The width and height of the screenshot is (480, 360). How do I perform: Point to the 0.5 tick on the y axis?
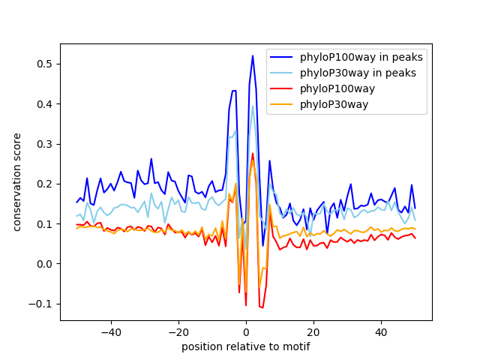point(46,64)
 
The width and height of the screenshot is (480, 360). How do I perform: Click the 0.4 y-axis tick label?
point(46,104)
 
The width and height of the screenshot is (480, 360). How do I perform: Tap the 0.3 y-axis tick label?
point(46,144)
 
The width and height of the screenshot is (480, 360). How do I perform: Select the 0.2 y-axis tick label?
point(46,184)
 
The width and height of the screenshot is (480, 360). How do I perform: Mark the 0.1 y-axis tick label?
point(46,224)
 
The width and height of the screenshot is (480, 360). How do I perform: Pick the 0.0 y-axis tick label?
point(46,264)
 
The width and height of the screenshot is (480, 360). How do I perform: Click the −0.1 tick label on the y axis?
point(43,304)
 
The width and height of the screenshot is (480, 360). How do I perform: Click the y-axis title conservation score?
point(16,182)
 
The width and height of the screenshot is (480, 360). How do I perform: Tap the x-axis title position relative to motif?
point(246,346)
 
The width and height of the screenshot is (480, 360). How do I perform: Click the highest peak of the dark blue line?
point(253,55)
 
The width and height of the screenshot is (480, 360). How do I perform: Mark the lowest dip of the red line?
point(262,307)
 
